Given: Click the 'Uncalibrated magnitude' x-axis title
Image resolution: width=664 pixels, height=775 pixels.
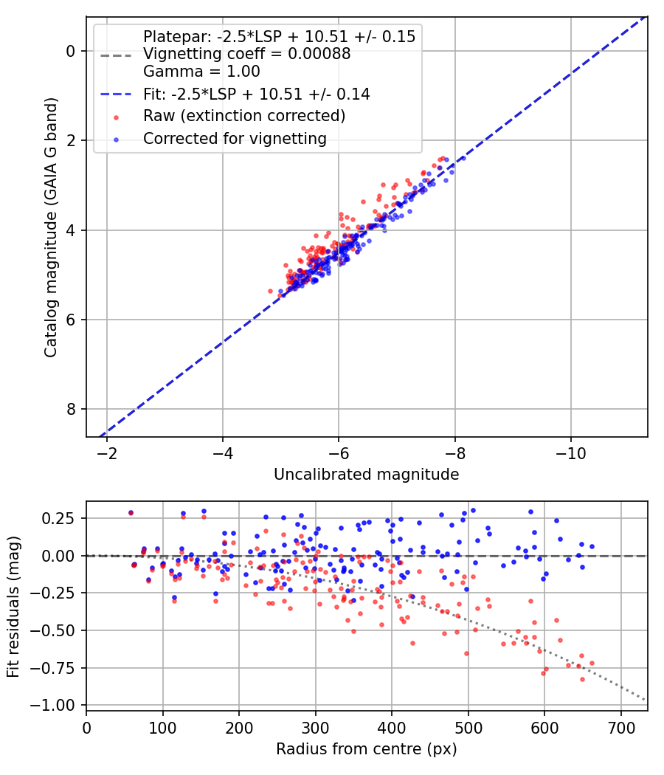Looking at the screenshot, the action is point(366,475).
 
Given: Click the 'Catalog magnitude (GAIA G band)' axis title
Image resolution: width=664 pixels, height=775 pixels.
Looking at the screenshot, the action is point(51,227).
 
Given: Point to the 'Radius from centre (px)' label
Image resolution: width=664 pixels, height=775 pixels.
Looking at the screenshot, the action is point(366,749).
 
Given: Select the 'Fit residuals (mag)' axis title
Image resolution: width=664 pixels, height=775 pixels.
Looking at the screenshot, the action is point(13,607).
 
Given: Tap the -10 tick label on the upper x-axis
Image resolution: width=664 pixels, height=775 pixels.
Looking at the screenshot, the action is point(570,453).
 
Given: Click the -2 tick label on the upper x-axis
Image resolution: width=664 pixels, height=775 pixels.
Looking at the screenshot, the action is point(106,453).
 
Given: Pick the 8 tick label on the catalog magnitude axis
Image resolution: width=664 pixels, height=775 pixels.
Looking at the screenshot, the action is point(70,409).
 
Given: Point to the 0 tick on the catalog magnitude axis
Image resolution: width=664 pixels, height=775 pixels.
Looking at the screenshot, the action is point(70,52).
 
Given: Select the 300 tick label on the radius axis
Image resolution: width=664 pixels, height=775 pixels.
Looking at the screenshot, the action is point(315,728).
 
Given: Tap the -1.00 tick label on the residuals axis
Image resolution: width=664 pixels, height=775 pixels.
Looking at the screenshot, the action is point(52,706).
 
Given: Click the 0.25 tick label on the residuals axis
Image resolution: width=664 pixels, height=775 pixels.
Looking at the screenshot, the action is point(58,518).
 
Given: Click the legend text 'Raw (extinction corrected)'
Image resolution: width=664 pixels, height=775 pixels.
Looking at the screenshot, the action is point(244,116).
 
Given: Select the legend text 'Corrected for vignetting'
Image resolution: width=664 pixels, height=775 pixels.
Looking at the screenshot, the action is point(235,139).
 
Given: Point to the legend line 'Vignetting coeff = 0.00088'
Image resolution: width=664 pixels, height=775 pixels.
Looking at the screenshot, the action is point(246,54).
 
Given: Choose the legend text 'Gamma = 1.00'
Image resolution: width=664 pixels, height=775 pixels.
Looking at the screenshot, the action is point(201,72).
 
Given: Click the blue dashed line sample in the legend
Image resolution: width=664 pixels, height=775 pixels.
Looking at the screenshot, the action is point(116,94).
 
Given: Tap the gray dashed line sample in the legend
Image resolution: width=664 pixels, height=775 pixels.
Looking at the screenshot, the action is point(116,55).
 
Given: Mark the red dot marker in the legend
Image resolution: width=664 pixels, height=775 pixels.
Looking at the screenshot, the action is point(116,117).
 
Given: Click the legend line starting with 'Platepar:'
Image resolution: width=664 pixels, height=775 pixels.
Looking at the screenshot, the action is point(279,37).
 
